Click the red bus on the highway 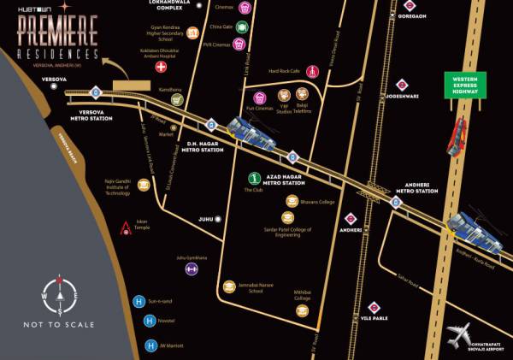[458, 136]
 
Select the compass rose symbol [59, 296]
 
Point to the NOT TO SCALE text [59, 325]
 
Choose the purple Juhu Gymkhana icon [192, 269]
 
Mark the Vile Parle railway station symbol [374, 306]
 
